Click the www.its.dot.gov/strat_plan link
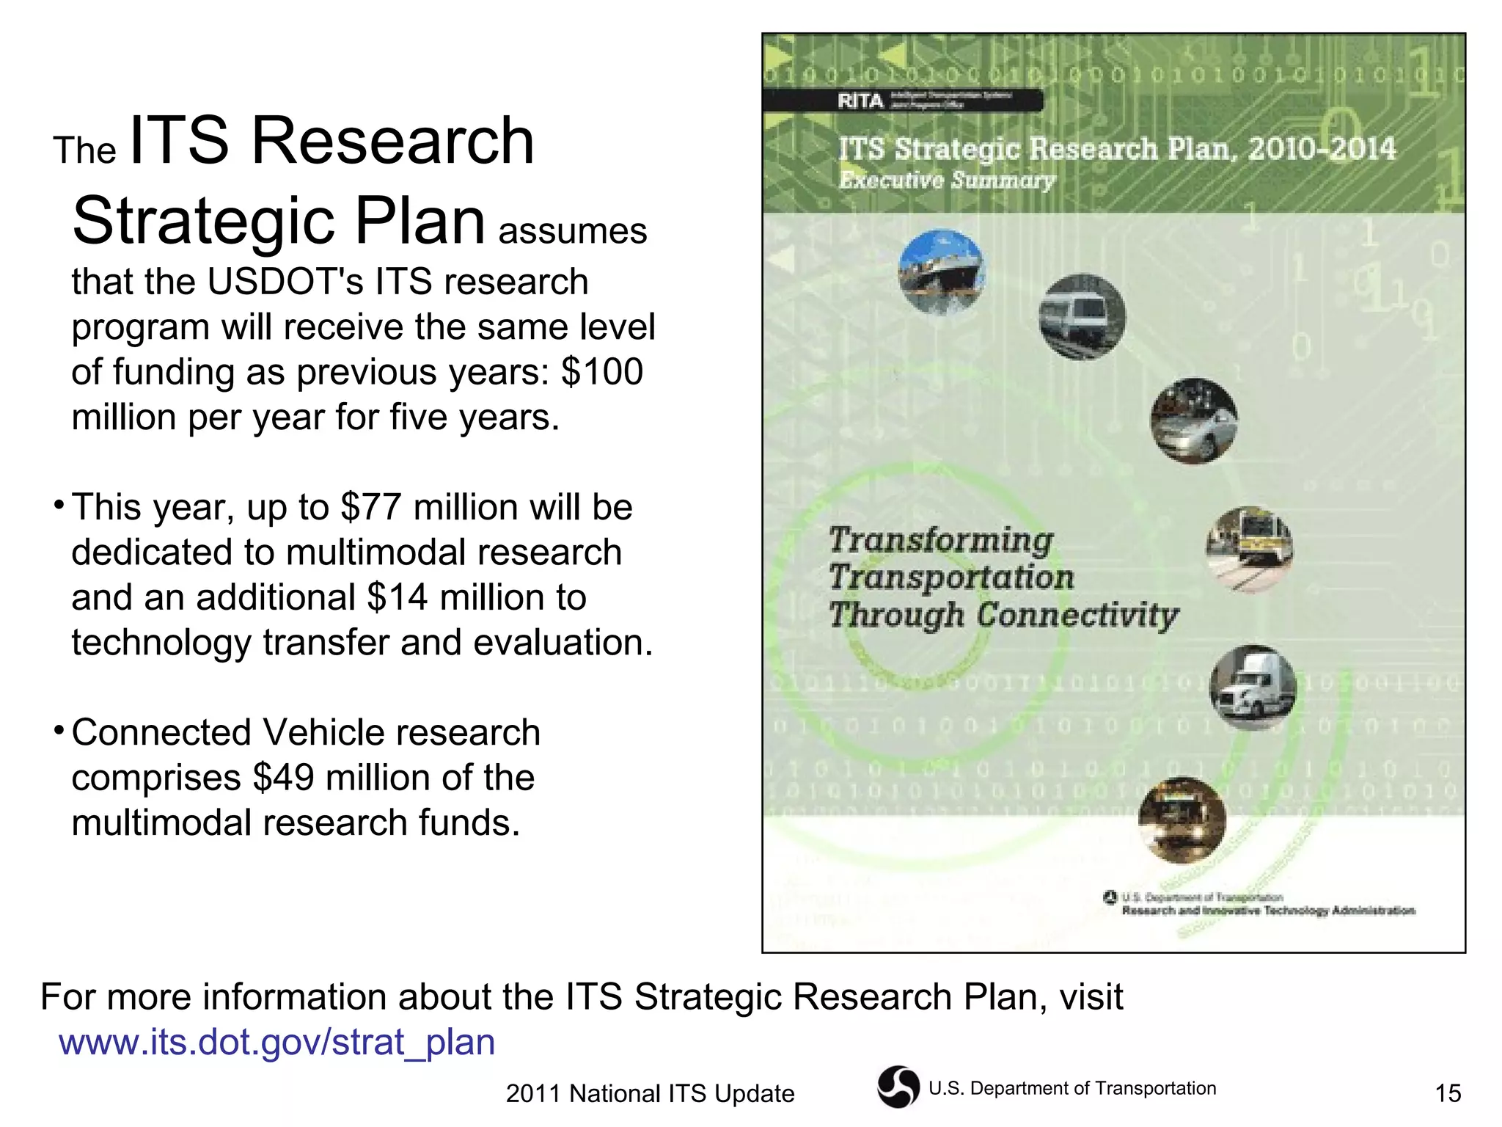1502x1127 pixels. (x=276, y=1042)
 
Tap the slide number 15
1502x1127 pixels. (x=1448, y=1094)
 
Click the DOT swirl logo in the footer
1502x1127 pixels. (x=898, y=1087)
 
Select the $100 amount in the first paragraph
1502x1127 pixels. (x=602, y=372)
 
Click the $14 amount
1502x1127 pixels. (x=397, y=597)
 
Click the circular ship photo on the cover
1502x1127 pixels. (x=942, y=272)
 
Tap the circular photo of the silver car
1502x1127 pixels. (x=1194, y=421)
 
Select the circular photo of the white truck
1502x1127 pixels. (x=1253, y=687)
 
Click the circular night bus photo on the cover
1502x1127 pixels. (x=1182, y=820)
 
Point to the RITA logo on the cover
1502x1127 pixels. (x=861, y=101)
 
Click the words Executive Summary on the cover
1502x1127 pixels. (x=947, y=180)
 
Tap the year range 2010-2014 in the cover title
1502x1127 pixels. (x=1322, y=149)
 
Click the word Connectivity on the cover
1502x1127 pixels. (x=1078, y=615)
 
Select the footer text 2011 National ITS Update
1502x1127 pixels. (x=650, y=1094)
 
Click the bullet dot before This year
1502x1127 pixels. (x=58, y=506)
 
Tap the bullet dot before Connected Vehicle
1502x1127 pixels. (x=58, y=731)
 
